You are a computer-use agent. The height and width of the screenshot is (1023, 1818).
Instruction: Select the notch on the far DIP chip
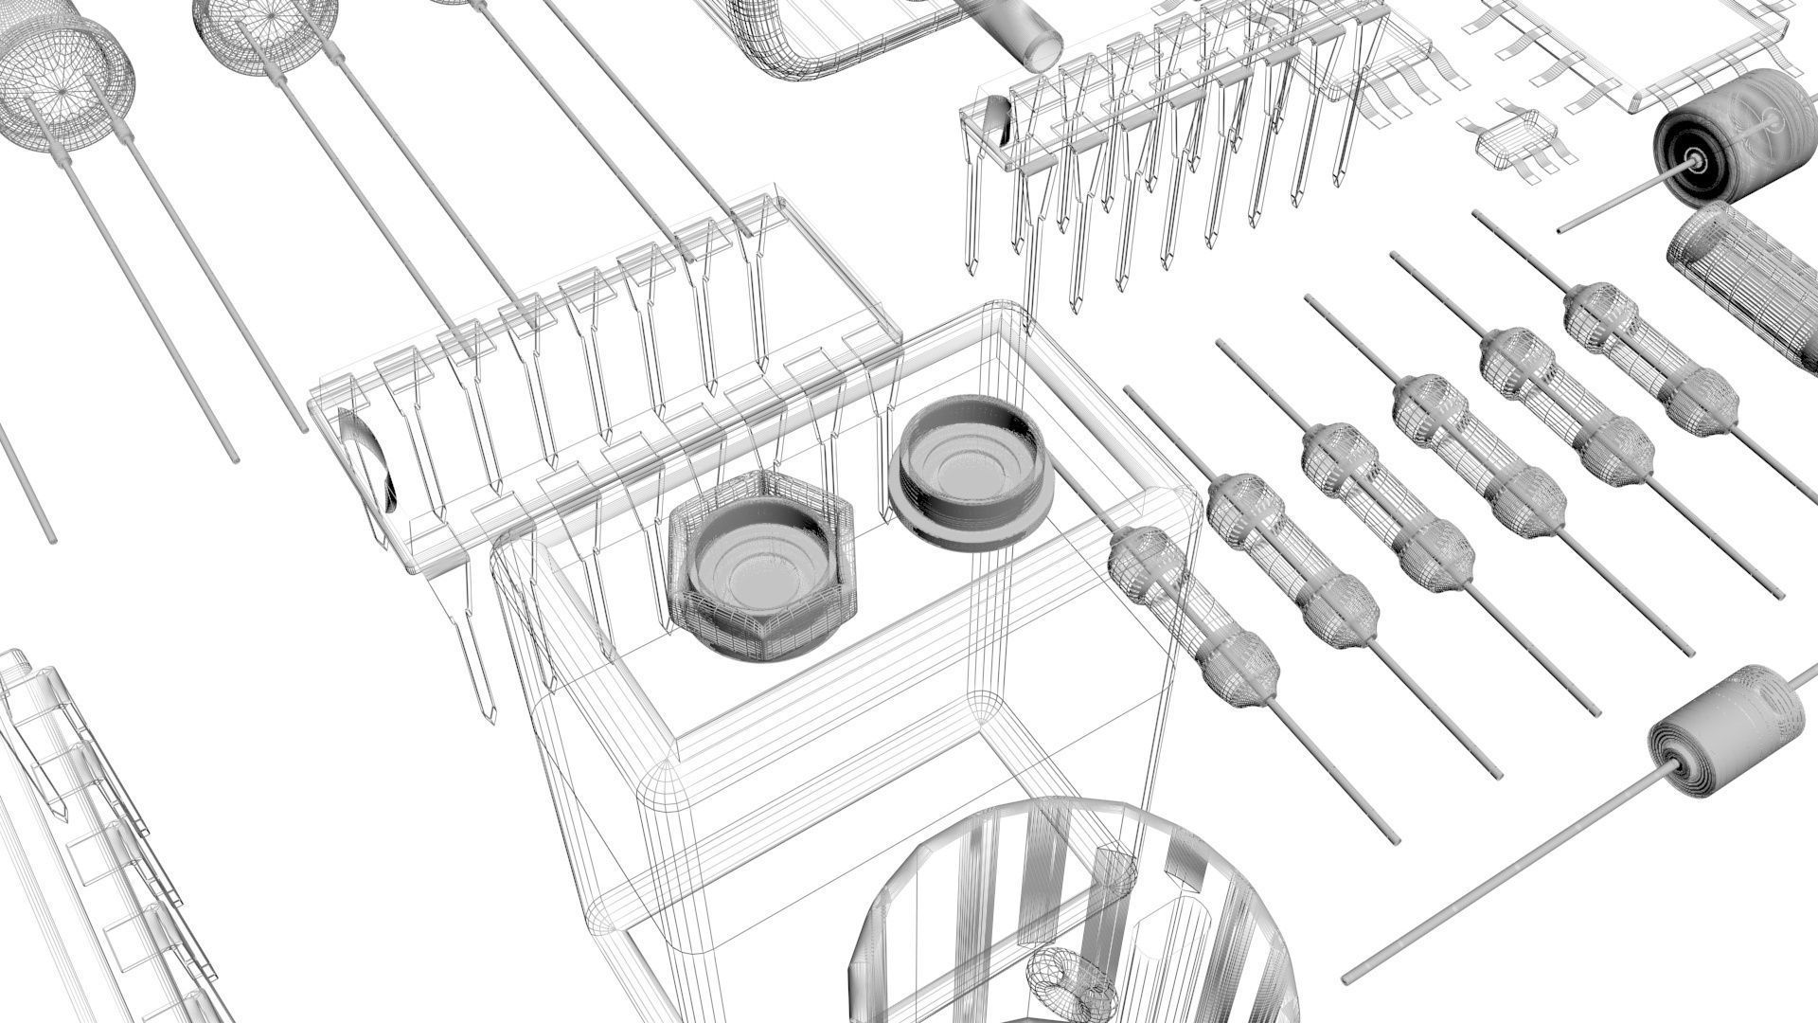[x=996, y=123]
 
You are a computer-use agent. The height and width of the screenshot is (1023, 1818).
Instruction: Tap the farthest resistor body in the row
[x=1652, y=360]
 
